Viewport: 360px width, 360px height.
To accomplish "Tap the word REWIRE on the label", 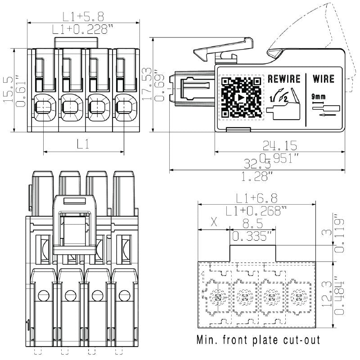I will (x=284, y=79).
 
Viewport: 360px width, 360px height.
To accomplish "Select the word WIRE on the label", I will (x=323, y=79).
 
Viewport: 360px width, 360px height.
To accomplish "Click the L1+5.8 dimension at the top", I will (x=83, y=17).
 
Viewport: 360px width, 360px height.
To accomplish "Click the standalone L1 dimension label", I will (x=83, y=144).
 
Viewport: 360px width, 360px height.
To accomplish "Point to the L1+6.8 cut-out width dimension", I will (x=257, y=198).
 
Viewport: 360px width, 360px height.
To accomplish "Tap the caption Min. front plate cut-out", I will (x=259, y=340).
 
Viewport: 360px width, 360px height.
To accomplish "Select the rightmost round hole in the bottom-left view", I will (x=123, y=296).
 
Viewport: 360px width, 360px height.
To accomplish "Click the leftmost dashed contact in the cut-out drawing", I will (x=218, y=297).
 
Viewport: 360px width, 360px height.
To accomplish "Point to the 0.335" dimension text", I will (x=252, y=236).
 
